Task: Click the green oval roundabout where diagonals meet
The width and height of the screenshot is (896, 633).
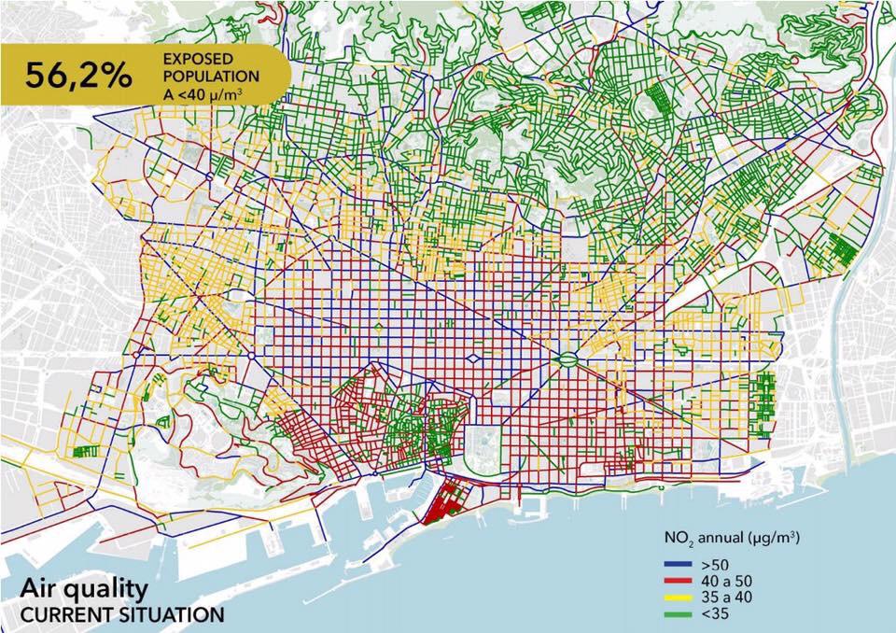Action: click(x=567, y=359)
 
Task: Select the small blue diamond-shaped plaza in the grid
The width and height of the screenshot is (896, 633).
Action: click(x=474, y=359)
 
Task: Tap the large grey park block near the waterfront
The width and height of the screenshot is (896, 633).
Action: click(x=485, y=443)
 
